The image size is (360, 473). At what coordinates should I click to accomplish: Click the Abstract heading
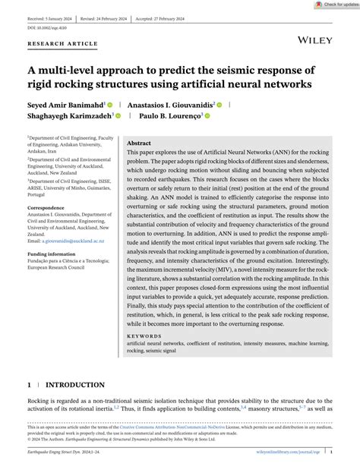coord(138,143)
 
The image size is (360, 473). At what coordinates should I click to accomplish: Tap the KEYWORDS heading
coord(144,335)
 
